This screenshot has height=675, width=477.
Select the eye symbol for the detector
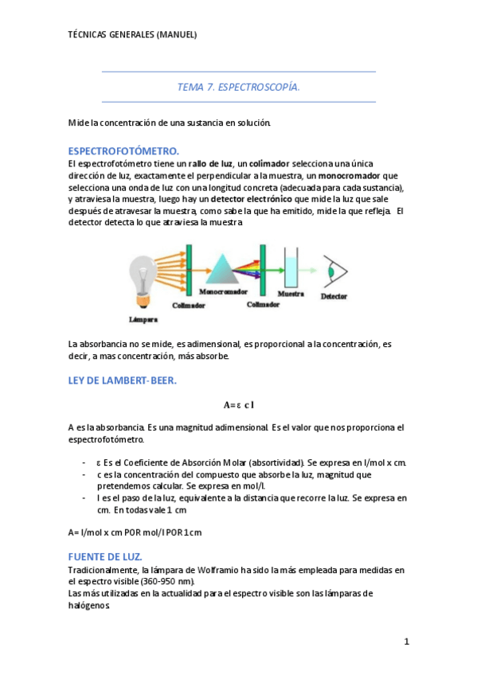coord(333,272)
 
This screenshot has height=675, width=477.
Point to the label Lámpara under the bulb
coord(143,320)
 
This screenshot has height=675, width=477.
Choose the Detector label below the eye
coord(334,296)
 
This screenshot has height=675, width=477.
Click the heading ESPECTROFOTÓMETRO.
coord(123,150)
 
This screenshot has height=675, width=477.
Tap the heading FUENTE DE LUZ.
coord(105,556)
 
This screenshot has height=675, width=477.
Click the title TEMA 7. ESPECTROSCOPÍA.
coord(238,87)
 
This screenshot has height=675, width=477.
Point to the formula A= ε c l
coord(238,405)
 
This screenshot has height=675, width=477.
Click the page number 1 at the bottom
coord(405,642)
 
